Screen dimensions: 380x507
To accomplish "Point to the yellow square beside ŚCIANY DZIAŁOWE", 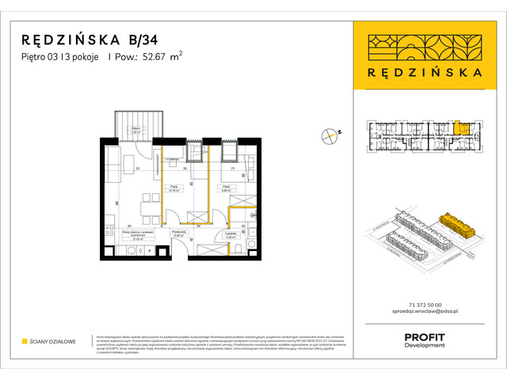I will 24,341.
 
